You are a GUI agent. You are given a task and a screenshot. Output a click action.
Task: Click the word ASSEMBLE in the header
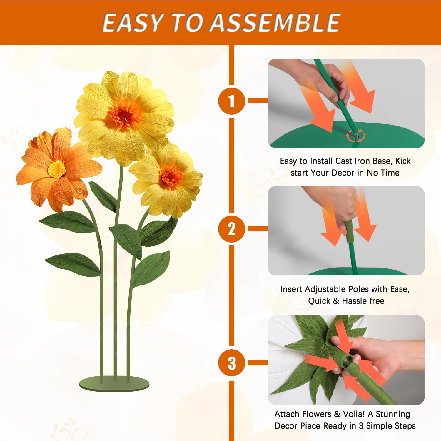(x=275, y=23)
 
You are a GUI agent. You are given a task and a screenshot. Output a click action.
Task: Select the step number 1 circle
(x=232, y=101)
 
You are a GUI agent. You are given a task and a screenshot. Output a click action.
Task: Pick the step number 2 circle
(x=232, y=229)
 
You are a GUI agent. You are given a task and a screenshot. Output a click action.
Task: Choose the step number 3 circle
(x=232, y=363)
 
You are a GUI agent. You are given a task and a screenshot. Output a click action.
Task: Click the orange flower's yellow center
(x=57, y=169)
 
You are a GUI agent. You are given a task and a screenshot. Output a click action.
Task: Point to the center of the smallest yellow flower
(x=172, y=176)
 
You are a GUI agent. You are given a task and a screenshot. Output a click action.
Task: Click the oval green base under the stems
(x=114, y=383)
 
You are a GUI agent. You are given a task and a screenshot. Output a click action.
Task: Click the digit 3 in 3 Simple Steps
(x=361, y=426)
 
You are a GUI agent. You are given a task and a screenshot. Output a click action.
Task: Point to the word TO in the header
(x=186, y=23)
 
